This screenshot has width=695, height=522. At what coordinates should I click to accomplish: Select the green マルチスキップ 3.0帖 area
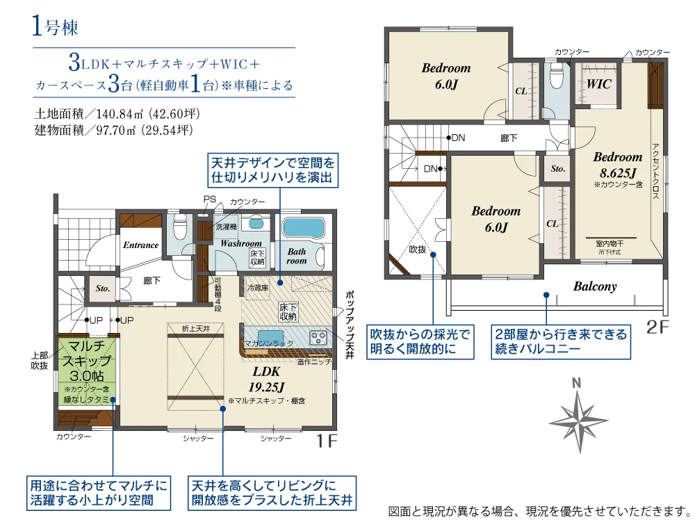click(x=84, y=368)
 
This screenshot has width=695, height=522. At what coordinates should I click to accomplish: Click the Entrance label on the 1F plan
click(x=141, y=245)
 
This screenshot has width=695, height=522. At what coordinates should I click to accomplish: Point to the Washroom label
click(x=241, y=244)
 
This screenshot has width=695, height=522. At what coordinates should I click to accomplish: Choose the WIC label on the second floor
click(x=598, y=84)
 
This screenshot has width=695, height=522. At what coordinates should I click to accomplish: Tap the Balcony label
click(x=594, y=286)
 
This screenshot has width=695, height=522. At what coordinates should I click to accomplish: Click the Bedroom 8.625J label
click(x=617, y=163)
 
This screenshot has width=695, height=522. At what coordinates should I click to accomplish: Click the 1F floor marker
click(x=326, y=440)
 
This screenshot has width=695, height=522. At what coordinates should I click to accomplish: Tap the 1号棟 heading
click(x=55, y=28)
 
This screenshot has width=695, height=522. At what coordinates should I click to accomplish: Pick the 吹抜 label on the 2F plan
click(x=417, y=249)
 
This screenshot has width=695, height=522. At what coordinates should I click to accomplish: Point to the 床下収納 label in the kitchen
click(x=288, y=312)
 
